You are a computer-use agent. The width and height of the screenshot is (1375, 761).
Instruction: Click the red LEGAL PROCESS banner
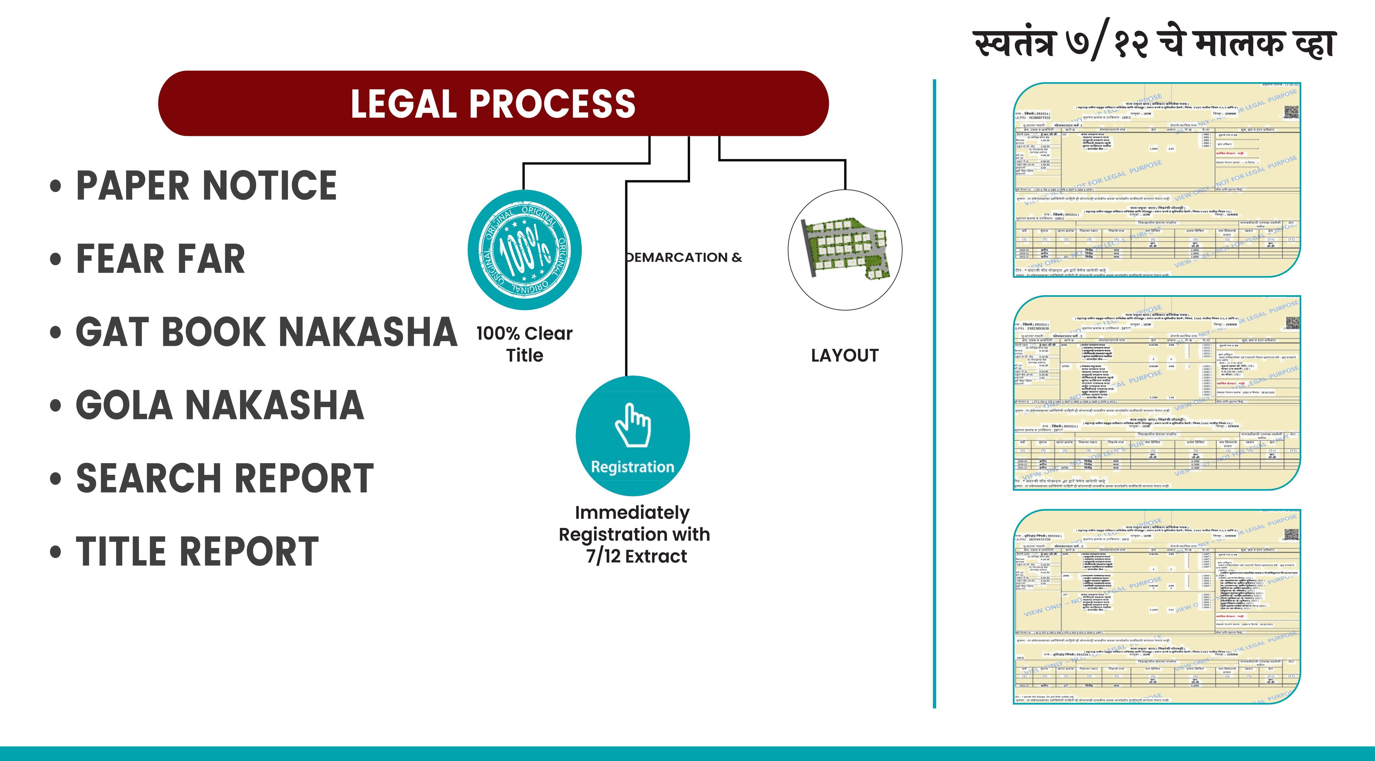pos(493,103)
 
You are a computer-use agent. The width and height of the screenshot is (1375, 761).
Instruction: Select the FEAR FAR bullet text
pos(160,259)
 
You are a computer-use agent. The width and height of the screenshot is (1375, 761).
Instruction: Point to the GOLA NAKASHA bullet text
pos(220,405)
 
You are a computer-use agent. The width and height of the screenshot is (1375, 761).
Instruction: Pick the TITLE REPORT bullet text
pos(198,551)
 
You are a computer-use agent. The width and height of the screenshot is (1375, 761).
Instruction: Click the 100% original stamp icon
pos(525,249)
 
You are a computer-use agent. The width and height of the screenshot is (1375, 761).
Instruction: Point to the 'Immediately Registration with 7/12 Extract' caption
pos(634,534)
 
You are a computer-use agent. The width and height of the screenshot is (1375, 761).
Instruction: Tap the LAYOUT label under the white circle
pos(845,356)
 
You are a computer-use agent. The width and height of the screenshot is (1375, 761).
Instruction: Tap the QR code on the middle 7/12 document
pos(1292,323)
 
